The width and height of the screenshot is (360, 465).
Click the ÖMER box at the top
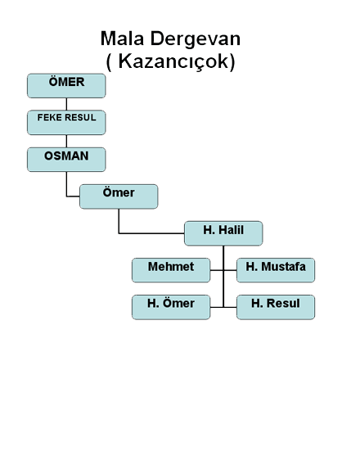pos(66,86)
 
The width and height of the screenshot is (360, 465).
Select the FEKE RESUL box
pos(66,123)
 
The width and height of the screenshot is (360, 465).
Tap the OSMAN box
pos(66,160)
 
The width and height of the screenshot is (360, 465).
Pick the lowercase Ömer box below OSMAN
pos(119,196)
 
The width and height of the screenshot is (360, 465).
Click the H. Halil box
pos(223,233)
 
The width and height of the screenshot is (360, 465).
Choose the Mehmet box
pos(171,270)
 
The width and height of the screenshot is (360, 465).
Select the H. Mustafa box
pos(276,270)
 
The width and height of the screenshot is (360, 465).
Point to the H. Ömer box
pos(171,307)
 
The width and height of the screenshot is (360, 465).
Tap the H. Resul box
pos(276,307)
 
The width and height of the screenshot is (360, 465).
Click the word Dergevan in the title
pos(196,39)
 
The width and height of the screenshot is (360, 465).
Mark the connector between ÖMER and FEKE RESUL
pos(66,104)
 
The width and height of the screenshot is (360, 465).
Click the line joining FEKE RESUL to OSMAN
pos(66,141)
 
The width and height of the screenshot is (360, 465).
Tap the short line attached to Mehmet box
pos(217,270)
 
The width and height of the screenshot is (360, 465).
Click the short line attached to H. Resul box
pos(230,307)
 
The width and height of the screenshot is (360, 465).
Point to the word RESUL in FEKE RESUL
pos(81,118)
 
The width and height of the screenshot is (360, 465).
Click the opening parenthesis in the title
pos(109,62)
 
